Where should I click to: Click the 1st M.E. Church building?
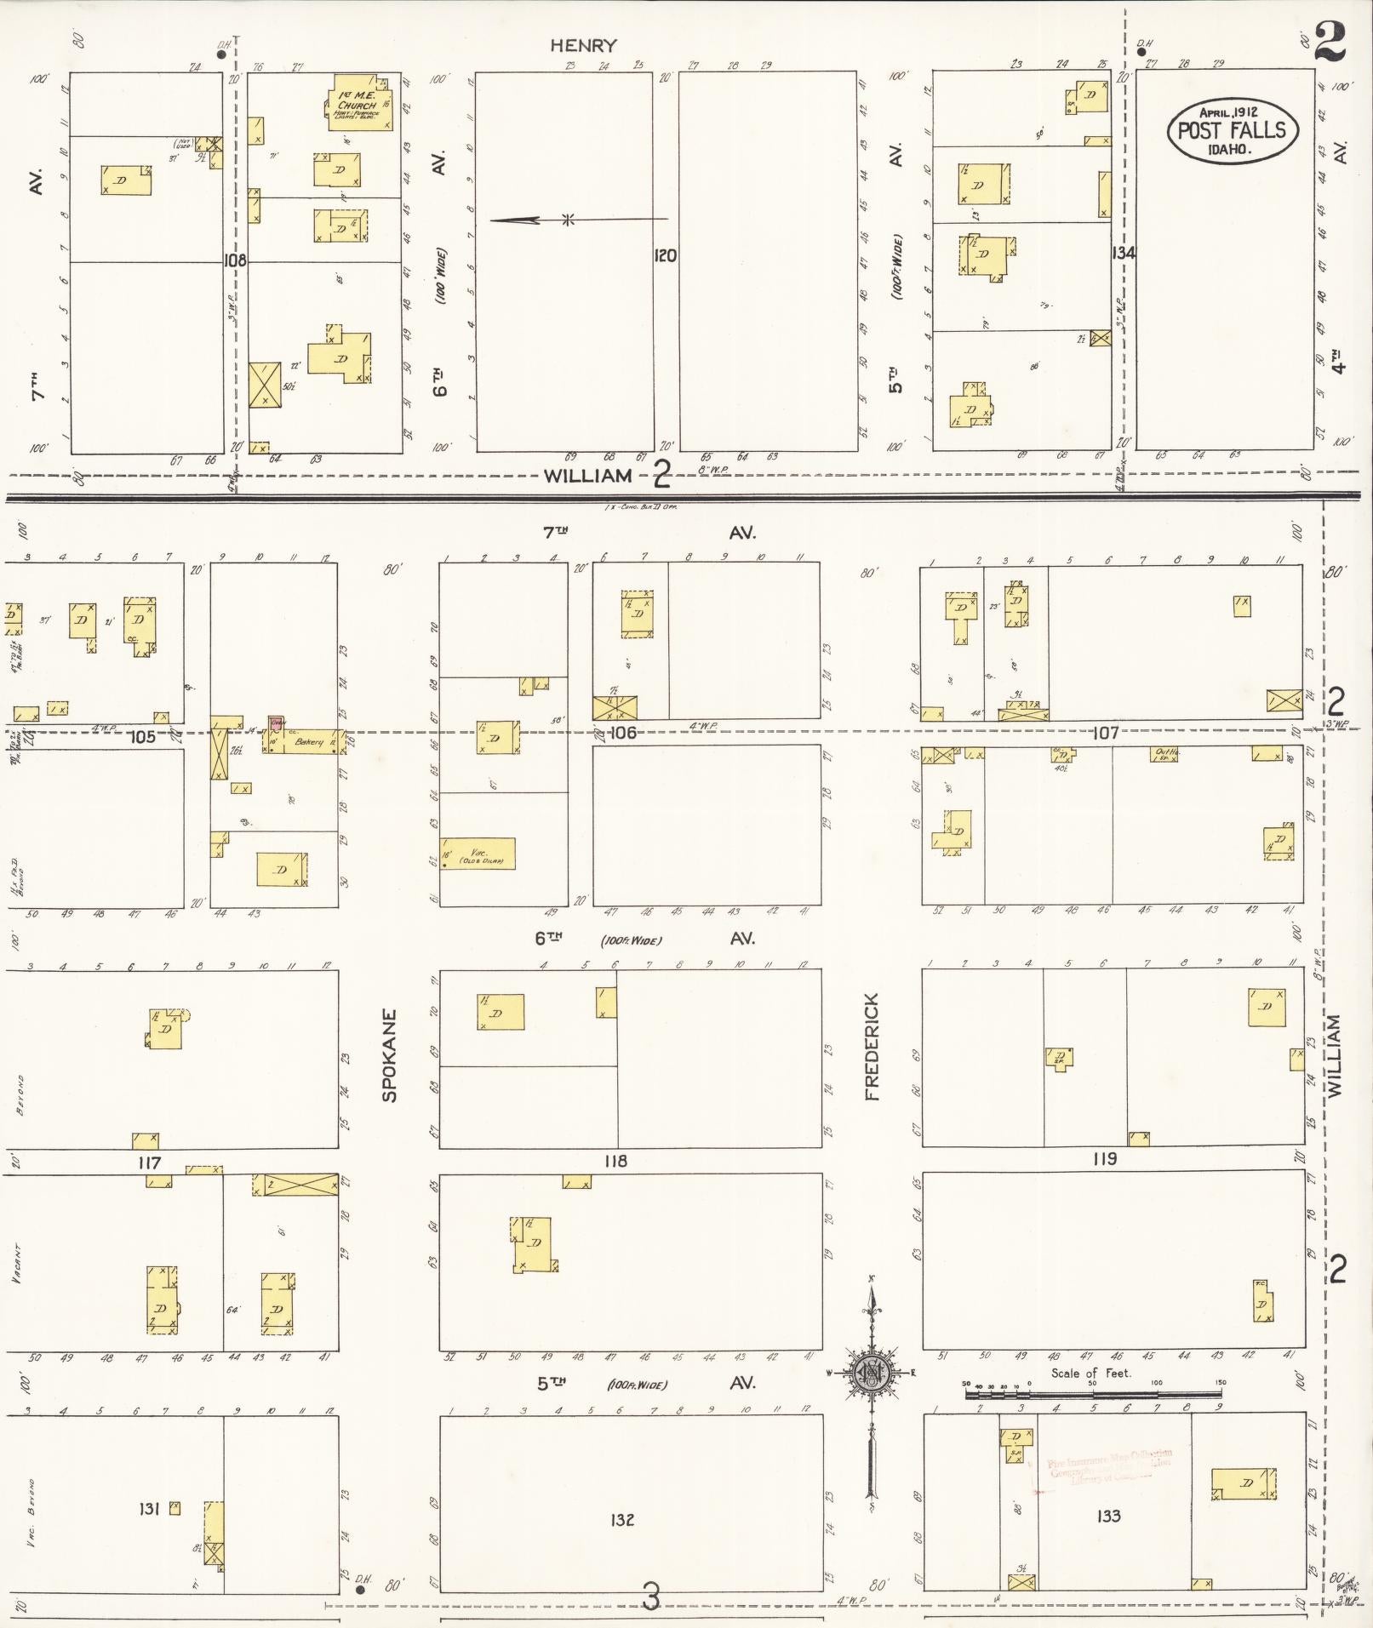coord(361,105)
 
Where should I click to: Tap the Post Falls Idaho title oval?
coord(1232,130)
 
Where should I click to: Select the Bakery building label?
coord(309,742)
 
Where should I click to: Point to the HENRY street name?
coord(583,46)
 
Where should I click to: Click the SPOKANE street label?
coord(390,1055)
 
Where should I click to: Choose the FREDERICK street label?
coord(872,1046)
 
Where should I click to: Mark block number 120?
coord(665,255)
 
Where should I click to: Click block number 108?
coord(234,260)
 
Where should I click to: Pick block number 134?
coord(1123,253)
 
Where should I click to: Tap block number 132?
coord(622,1519)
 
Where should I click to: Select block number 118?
coord(615,1161)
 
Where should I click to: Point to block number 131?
coord(149,1509)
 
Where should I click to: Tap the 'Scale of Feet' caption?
coord(1090,1373)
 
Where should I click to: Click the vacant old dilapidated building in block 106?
coord(478,854)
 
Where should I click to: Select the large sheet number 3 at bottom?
coord(651,1598)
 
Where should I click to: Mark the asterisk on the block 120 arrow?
coord(568,220)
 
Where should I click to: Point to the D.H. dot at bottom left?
coord(360,1588)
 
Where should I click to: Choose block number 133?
coord(1108,1516)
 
